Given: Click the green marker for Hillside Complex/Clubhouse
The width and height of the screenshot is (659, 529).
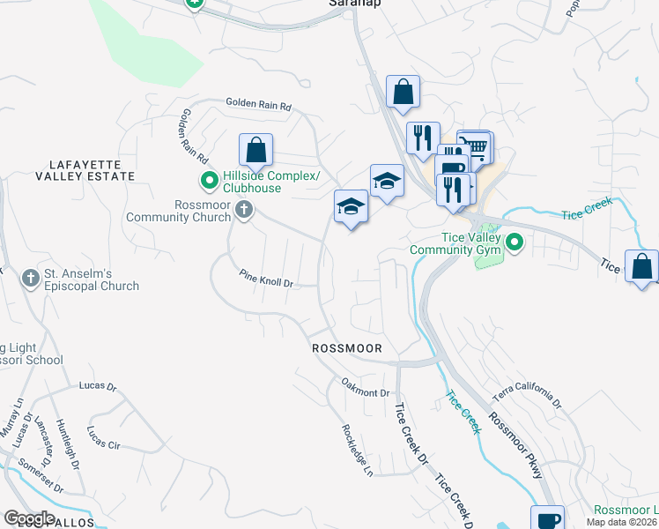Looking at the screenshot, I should point(209,183).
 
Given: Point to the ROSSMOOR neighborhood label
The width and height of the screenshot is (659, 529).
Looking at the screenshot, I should point(347,348).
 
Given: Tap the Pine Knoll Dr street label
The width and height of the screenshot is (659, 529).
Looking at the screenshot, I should point(265,279).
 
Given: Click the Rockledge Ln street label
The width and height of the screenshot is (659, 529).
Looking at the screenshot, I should point(358,450).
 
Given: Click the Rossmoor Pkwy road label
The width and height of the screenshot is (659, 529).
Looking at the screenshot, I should point(515,446).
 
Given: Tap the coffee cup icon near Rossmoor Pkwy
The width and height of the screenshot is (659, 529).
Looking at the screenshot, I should point(546,519).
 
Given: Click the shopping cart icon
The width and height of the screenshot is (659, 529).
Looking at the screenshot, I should point(476,145).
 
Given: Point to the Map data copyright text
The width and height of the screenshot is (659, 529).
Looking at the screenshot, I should point(622,522).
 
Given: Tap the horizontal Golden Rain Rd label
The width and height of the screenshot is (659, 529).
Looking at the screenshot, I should point(258,104).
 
